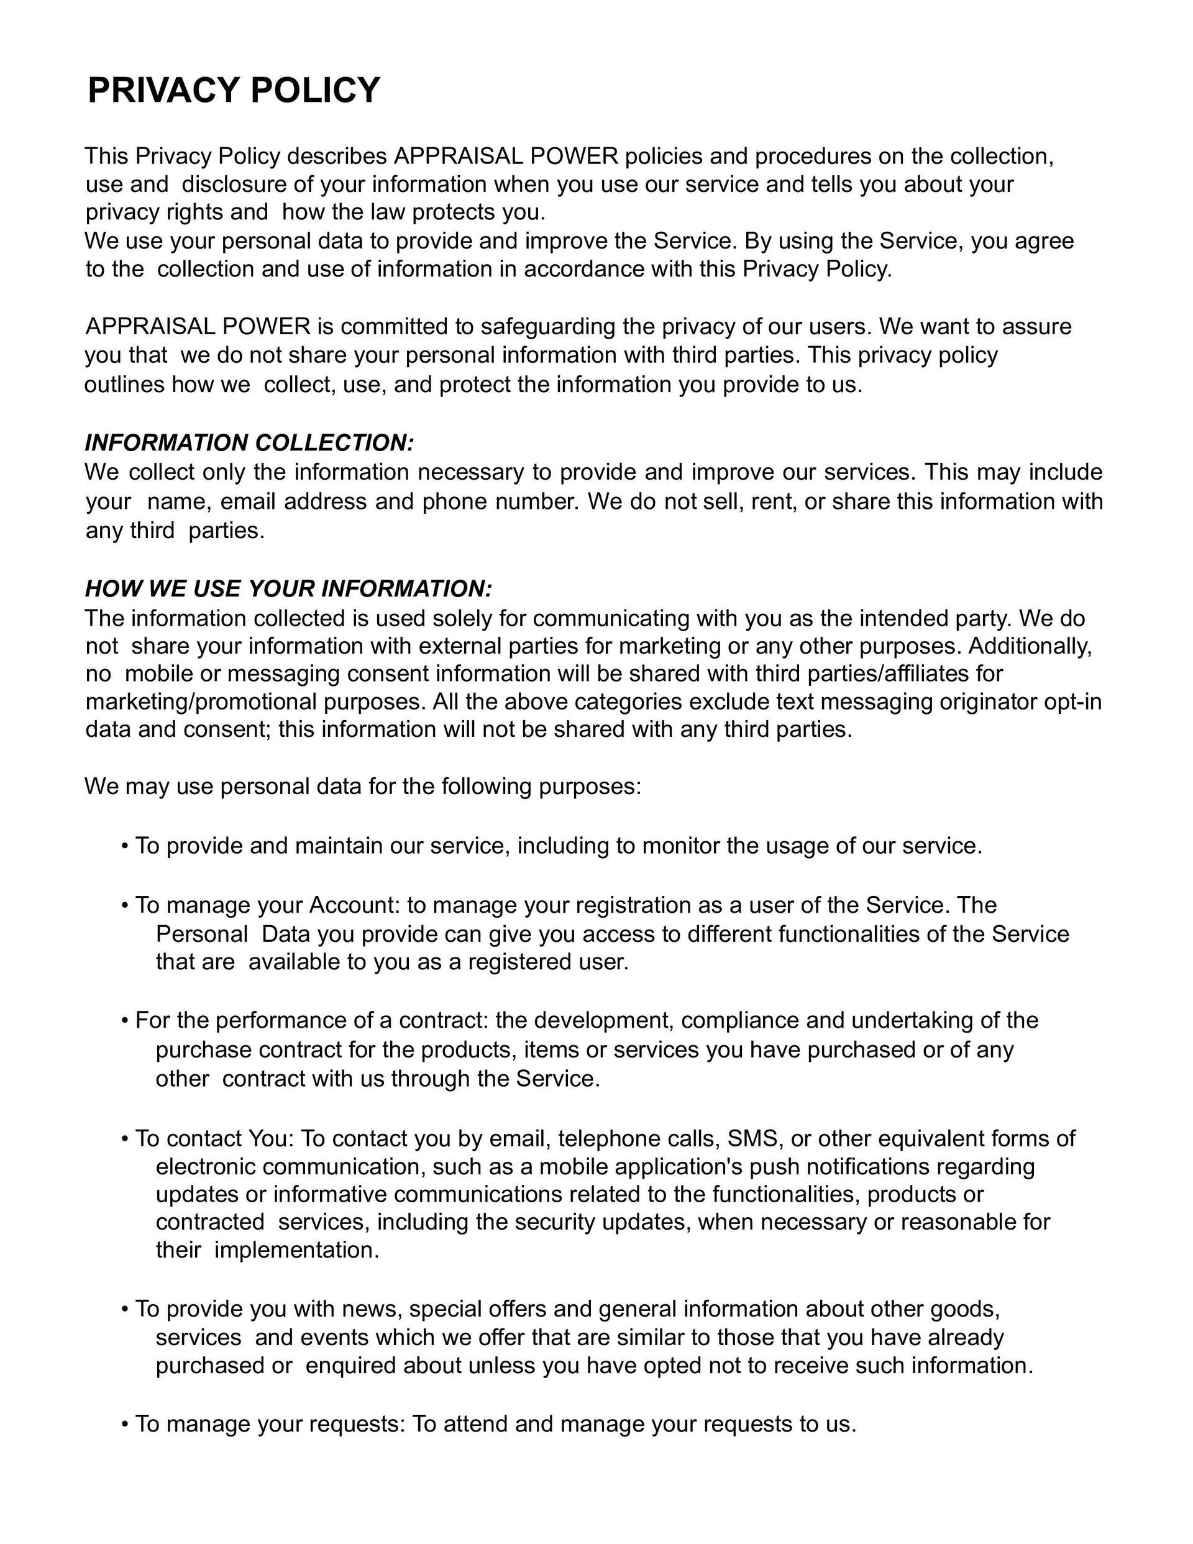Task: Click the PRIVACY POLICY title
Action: coord(234,91)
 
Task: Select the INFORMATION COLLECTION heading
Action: coord(249,442)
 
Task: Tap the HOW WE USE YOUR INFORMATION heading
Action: coord(288,588)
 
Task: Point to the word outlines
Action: coord(124,385)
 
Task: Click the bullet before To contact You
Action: coord(124,1139)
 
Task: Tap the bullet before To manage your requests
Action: coord(124,1424)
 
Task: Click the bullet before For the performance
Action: coord(124,1021)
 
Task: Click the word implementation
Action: coord(296,1250)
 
